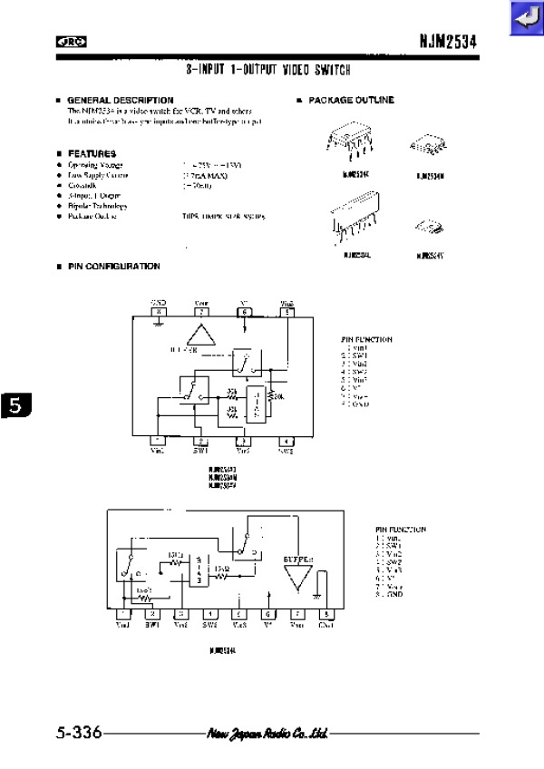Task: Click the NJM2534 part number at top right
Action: pyautogui.click(x=448, y=42)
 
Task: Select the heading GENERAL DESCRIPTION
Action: pyautogui.click(x=120, y=100)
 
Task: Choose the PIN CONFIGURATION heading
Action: pyautogui.click(x=113, y=266)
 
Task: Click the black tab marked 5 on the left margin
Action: pyautogui.click(x=15, y=405)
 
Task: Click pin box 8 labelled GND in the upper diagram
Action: pyautogui.click(x=159, y=312)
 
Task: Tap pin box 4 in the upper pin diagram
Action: pyautogui.click(x=287, y=440)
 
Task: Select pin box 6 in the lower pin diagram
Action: pyautogui.click(x=268, y=615)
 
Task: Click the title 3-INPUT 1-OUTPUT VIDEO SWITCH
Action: pyautogui.click(x=268, y=69)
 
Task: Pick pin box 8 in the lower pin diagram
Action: pyautogui.click(x=325, y=615)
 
